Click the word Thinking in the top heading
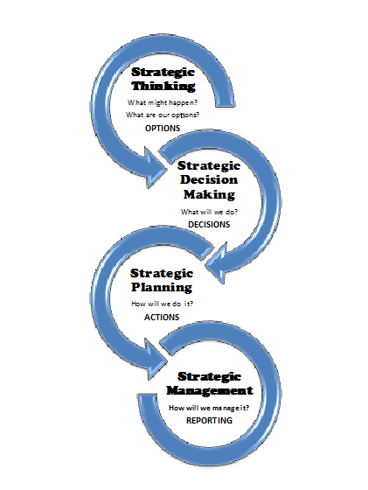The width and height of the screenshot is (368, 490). pyautogui.click(x=163, y=86)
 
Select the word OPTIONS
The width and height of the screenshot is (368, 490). pyautogui.click(x=163, y=128)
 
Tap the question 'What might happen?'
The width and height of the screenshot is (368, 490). pyautogui.click(x=163, y=102)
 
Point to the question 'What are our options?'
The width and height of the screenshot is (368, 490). pyautogui.click(x=163, y=115)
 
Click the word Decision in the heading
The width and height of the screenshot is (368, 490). pyautogui.click(x=209, y=179)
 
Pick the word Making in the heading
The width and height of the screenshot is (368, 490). pyautogui.click(x=209, y=194)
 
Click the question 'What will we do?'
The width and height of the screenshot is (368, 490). pyautogui.click(x=209, y=212)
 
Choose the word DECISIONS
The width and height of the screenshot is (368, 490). pyautogui.click(x=209, y=224)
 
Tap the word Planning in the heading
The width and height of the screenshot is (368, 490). pyautogui.click(x=162, y=288)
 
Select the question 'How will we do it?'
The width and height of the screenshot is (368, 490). pyautogui.click(x=163, y=304)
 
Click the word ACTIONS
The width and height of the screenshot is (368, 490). pyautogui.click(x=162, y=317)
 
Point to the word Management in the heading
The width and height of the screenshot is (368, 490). pyautogui.click(x=210, y=390)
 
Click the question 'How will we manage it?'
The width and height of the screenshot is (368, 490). pyautogui.click(x=209, y=408)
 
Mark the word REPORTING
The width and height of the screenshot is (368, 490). pyautogui.click(x=209, y=420)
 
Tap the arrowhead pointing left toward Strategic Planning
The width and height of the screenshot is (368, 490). pyautogui.click(x=216, y=262)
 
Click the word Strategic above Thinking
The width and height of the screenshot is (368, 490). pyautogui.click(x=163, y=72)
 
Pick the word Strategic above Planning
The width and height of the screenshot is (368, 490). pyautogui.click(x=162, y=273)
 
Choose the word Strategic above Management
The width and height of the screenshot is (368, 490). pyautogui.click(x=209, y=376)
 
